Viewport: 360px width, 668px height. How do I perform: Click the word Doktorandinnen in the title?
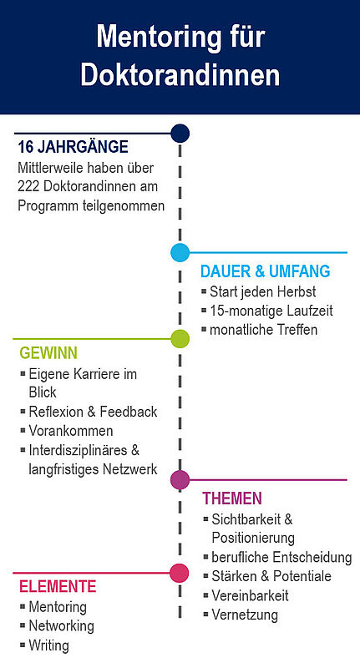(x=180, y=75)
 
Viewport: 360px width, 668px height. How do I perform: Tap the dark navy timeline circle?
(x=180, y=134)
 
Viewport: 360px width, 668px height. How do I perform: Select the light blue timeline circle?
(x=180, y=253)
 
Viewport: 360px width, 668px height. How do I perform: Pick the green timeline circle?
(x=180, y=339)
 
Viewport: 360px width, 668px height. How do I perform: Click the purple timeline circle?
(x=180, y=479)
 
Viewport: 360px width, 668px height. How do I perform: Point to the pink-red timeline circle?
(x=180, y=573)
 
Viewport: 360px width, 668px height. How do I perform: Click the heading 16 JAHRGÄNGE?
(x=73, y=148)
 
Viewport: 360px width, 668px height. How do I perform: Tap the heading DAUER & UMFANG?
(x=266, y=271)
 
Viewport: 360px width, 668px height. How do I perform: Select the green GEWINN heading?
(x=48, y=353)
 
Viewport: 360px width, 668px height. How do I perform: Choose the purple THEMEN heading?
(x=232, y=498)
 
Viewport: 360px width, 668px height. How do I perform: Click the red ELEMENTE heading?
(x=58, y=587)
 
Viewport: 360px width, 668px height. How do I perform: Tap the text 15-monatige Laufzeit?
(x=271, y=311)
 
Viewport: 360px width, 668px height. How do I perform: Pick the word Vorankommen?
(x=71, y=431)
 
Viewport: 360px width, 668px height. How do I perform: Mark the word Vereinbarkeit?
(x=250, y=595)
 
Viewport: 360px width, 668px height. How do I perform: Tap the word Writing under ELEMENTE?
(x=48, y=645)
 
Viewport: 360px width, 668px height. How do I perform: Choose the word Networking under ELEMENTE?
(x=61, y=625)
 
